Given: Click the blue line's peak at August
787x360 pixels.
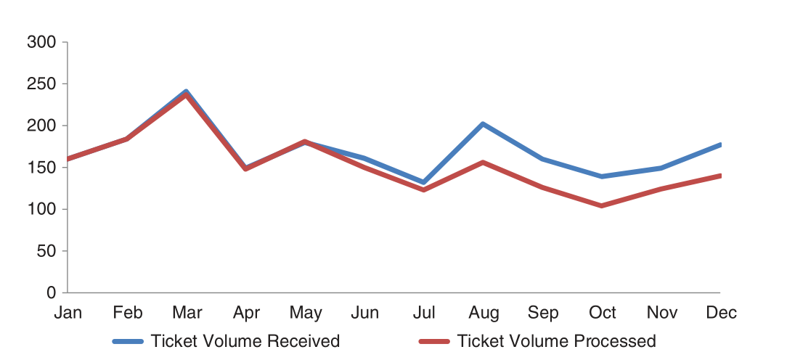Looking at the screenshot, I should [x=483, y=124].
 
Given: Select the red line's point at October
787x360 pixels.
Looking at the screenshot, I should [x=602, y=206].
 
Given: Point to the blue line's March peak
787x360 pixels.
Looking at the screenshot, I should [x=187, y=91].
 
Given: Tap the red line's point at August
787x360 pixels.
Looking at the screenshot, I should [x=483, y=163].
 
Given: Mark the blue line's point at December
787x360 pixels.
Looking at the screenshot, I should [x=720, y=144].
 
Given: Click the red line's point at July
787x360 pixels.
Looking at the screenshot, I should [x=423, y=190].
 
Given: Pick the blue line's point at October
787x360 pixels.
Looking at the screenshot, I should [x=602, y=176].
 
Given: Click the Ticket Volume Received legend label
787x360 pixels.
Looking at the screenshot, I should [x=245, y=341].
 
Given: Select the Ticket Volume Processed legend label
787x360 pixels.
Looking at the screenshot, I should [x=557, y=341].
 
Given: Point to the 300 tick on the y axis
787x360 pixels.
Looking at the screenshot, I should [x=41, y=42].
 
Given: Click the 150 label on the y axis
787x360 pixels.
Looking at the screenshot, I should [x=41, y=168].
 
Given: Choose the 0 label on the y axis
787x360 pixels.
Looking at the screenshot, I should [x=52, y=293].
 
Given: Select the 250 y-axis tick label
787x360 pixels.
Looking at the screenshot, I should [x=41, y=84].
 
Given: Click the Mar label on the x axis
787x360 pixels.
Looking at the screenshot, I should [x=187, y=313].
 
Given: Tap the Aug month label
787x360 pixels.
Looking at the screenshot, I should [x=484, y=313].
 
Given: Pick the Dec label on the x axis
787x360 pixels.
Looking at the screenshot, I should [x=721, y=313].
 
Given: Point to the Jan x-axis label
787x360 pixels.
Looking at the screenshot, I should [x=68, y=313].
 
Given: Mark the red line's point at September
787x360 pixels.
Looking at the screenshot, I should [x=542, y=187].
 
